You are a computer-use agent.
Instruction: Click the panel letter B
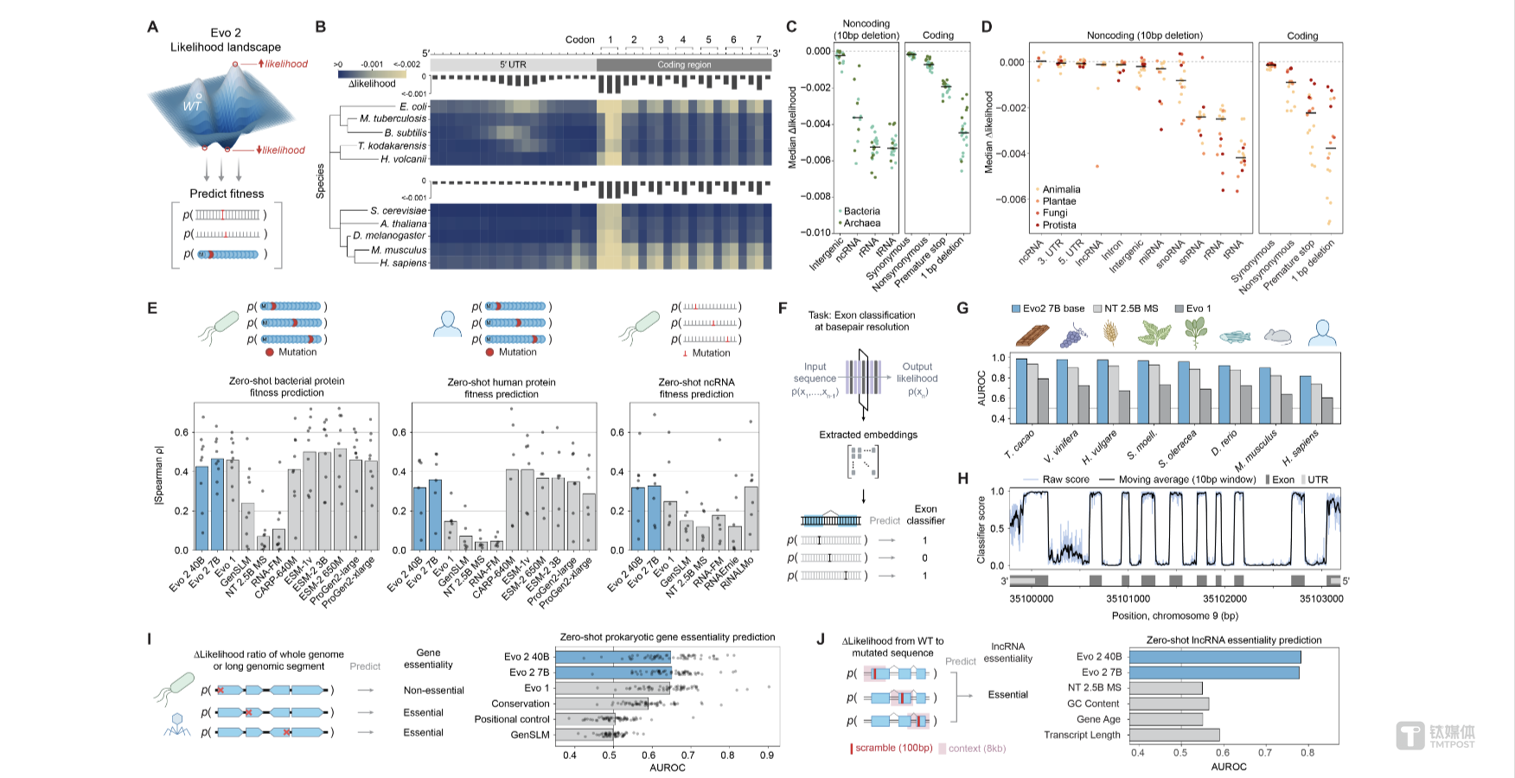(321, 27)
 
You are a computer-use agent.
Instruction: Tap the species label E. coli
(412, 106)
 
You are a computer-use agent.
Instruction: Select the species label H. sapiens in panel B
(403, 263)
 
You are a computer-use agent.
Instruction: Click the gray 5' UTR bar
(513, 65)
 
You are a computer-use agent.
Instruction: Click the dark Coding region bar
(684, 65)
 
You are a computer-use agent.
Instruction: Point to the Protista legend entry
(1058, 225)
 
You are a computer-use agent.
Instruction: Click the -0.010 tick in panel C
(817, 233)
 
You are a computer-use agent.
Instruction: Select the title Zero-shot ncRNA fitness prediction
(696, 387)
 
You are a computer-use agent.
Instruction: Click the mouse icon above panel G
(1277, 335)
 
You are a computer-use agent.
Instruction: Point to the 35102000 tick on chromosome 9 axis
(1224, 598)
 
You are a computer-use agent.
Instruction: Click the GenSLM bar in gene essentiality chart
(584, 735)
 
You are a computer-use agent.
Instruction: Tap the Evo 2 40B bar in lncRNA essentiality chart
(1214, 657)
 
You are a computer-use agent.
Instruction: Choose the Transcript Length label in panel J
(1082, 735)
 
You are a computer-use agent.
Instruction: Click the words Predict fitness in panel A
(227, 194)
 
